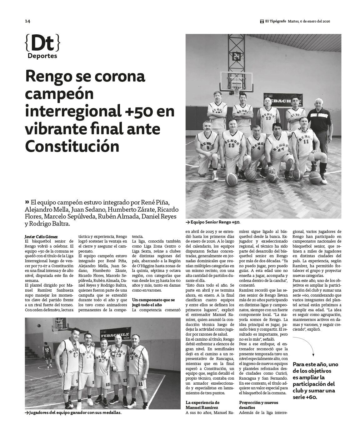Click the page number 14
point(27,21)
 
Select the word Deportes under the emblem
point(42,56)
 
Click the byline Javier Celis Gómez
point(41,237)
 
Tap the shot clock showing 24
point(237,57)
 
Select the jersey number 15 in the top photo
point(232,145)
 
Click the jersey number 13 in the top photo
point(268,118)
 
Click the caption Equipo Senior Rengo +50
point(214,222)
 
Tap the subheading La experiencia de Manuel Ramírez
point(202,405)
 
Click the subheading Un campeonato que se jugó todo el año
point(153,302)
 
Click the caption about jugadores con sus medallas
point(74,412)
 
